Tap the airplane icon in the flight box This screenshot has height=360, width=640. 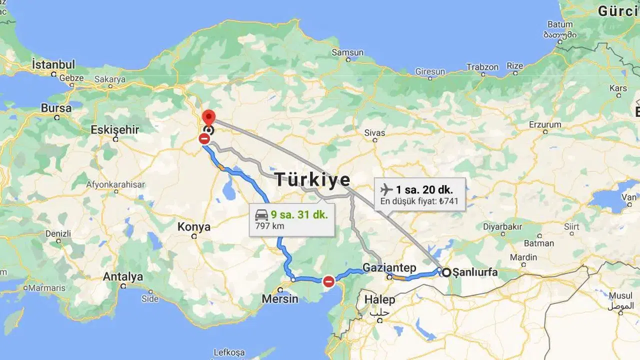click(x=386, y=189)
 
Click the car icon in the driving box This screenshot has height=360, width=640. click(x=261, y=215)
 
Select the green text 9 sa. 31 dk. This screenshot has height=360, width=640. click(x=299, y=215)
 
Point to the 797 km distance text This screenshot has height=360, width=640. click(x=269, y=226)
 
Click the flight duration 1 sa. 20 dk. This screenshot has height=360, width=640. click(x=424, y=189)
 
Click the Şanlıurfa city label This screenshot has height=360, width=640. click(x=474, y=272)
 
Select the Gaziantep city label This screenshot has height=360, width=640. click(x=389, y=268)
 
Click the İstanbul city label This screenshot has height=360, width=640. click(x=53, y=64)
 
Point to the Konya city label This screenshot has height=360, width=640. click(x=194, y=227)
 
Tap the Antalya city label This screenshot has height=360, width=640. click(x=122, y=276)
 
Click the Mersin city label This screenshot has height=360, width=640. click(x=280, y=299)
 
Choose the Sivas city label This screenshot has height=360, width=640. click(x=374, y=132)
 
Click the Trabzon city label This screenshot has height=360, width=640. click(x=482, y=67)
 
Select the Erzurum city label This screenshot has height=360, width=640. click(x=545, y=124)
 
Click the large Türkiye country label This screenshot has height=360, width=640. click(x=312, y=179)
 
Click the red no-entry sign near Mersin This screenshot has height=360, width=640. click(x=328, y=281)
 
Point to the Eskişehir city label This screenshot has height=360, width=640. click(x=114, y=130)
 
